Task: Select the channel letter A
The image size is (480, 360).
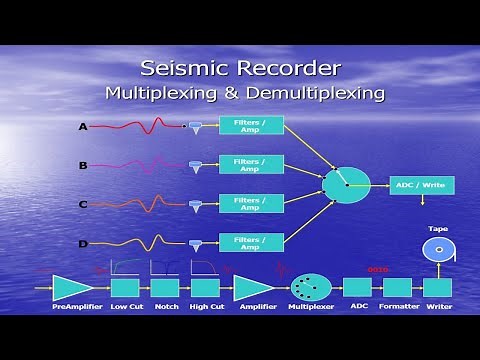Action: [x=83, y=127]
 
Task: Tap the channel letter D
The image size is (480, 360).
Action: [x=83, y=243]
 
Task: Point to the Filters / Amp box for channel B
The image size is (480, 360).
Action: [x=250, y=163]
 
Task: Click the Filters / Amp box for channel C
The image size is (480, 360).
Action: [x=250, y=202]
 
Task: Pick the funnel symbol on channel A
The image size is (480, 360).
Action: [x=195, y=127]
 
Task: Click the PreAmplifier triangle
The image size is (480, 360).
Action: [x=71, y=288]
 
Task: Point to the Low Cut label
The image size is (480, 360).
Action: [x=126, y=307]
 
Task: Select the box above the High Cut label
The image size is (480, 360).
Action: [x=204, y=288]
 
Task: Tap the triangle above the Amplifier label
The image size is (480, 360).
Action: [x=255, y=288]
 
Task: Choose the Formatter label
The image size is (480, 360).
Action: [x=398, y=307]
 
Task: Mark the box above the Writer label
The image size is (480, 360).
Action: [x=438, y=288]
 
